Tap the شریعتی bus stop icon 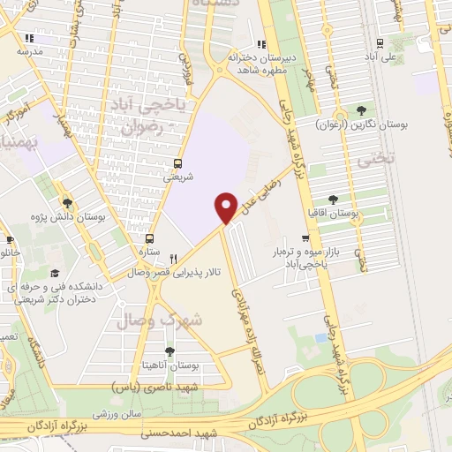[178, 162]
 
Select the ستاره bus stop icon [149, 238]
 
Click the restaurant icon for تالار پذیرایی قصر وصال [173, 260]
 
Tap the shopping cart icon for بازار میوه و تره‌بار [305, 237]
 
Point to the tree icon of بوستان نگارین [360, 110]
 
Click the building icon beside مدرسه [30, 39]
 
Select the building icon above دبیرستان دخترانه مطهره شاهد [260, 44]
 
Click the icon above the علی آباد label [379, 44]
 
